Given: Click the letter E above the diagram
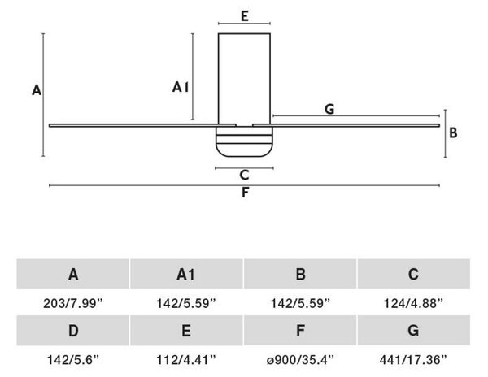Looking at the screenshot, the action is click(x=245, y=16).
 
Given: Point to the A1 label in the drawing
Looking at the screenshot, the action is click(x=181, y=87).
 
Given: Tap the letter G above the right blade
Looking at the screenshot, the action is click(x=329, y=109).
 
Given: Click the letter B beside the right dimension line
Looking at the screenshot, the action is click(x=453, y=132).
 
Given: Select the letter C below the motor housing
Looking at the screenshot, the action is click(x=245, y=175).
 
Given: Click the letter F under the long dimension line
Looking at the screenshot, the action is click(x=245, y=193).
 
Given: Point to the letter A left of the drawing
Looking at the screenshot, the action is click(x=37, y=90).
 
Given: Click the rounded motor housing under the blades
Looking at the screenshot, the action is click(x=244, y=141).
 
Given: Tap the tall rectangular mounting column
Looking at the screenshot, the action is click(x=244, y=79).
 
